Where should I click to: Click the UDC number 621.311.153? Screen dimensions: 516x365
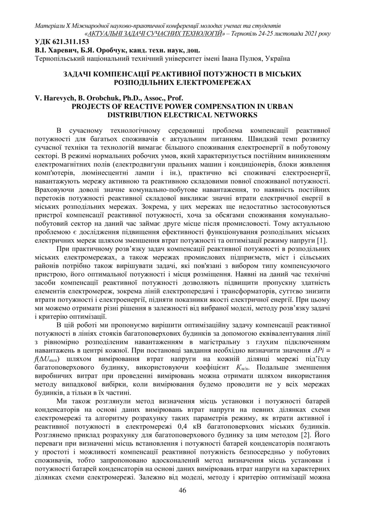pyautogui.click(x=68, y=42)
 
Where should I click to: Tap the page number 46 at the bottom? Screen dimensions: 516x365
pyautogui.click(x=182, y=490)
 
